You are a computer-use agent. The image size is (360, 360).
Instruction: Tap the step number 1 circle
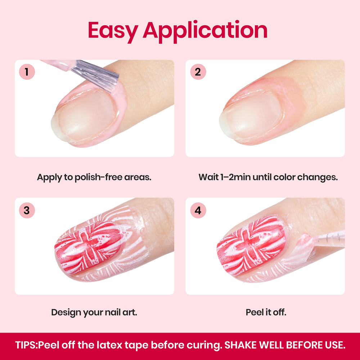[x=27, y=72]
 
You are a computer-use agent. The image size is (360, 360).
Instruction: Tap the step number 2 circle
[x=198, y=72]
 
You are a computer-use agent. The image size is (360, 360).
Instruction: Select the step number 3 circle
[x=27, y=210]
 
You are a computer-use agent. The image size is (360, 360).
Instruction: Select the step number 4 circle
[x=198, y=210]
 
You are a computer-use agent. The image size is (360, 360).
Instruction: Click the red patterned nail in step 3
[x=89, y=248]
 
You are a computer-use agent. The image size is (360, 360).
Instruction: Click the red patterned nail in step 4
[x=251, y=247]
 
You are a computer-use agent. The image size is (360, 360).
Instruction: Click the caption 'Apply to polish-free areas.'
[x=94, y=177]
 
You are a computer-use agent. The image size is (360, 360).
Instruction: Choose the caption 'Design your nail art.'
[x=94, y=312]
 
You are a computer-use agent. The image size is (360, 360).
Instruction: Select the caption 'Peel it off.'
[x=266, y=312]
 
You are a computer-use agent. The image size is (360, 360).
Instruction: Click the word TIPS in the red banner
[x=26, y=345]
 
